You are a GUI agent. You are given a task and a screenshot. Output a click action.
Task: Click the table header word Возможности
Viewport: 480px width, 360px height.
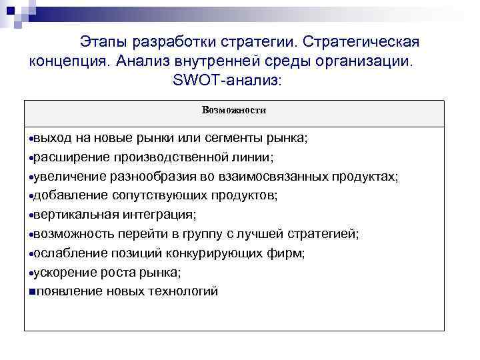[234, 111]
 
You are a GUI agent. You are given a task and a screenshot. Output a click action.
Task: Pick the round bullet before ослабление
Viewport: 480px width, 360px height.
[31, 254]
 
